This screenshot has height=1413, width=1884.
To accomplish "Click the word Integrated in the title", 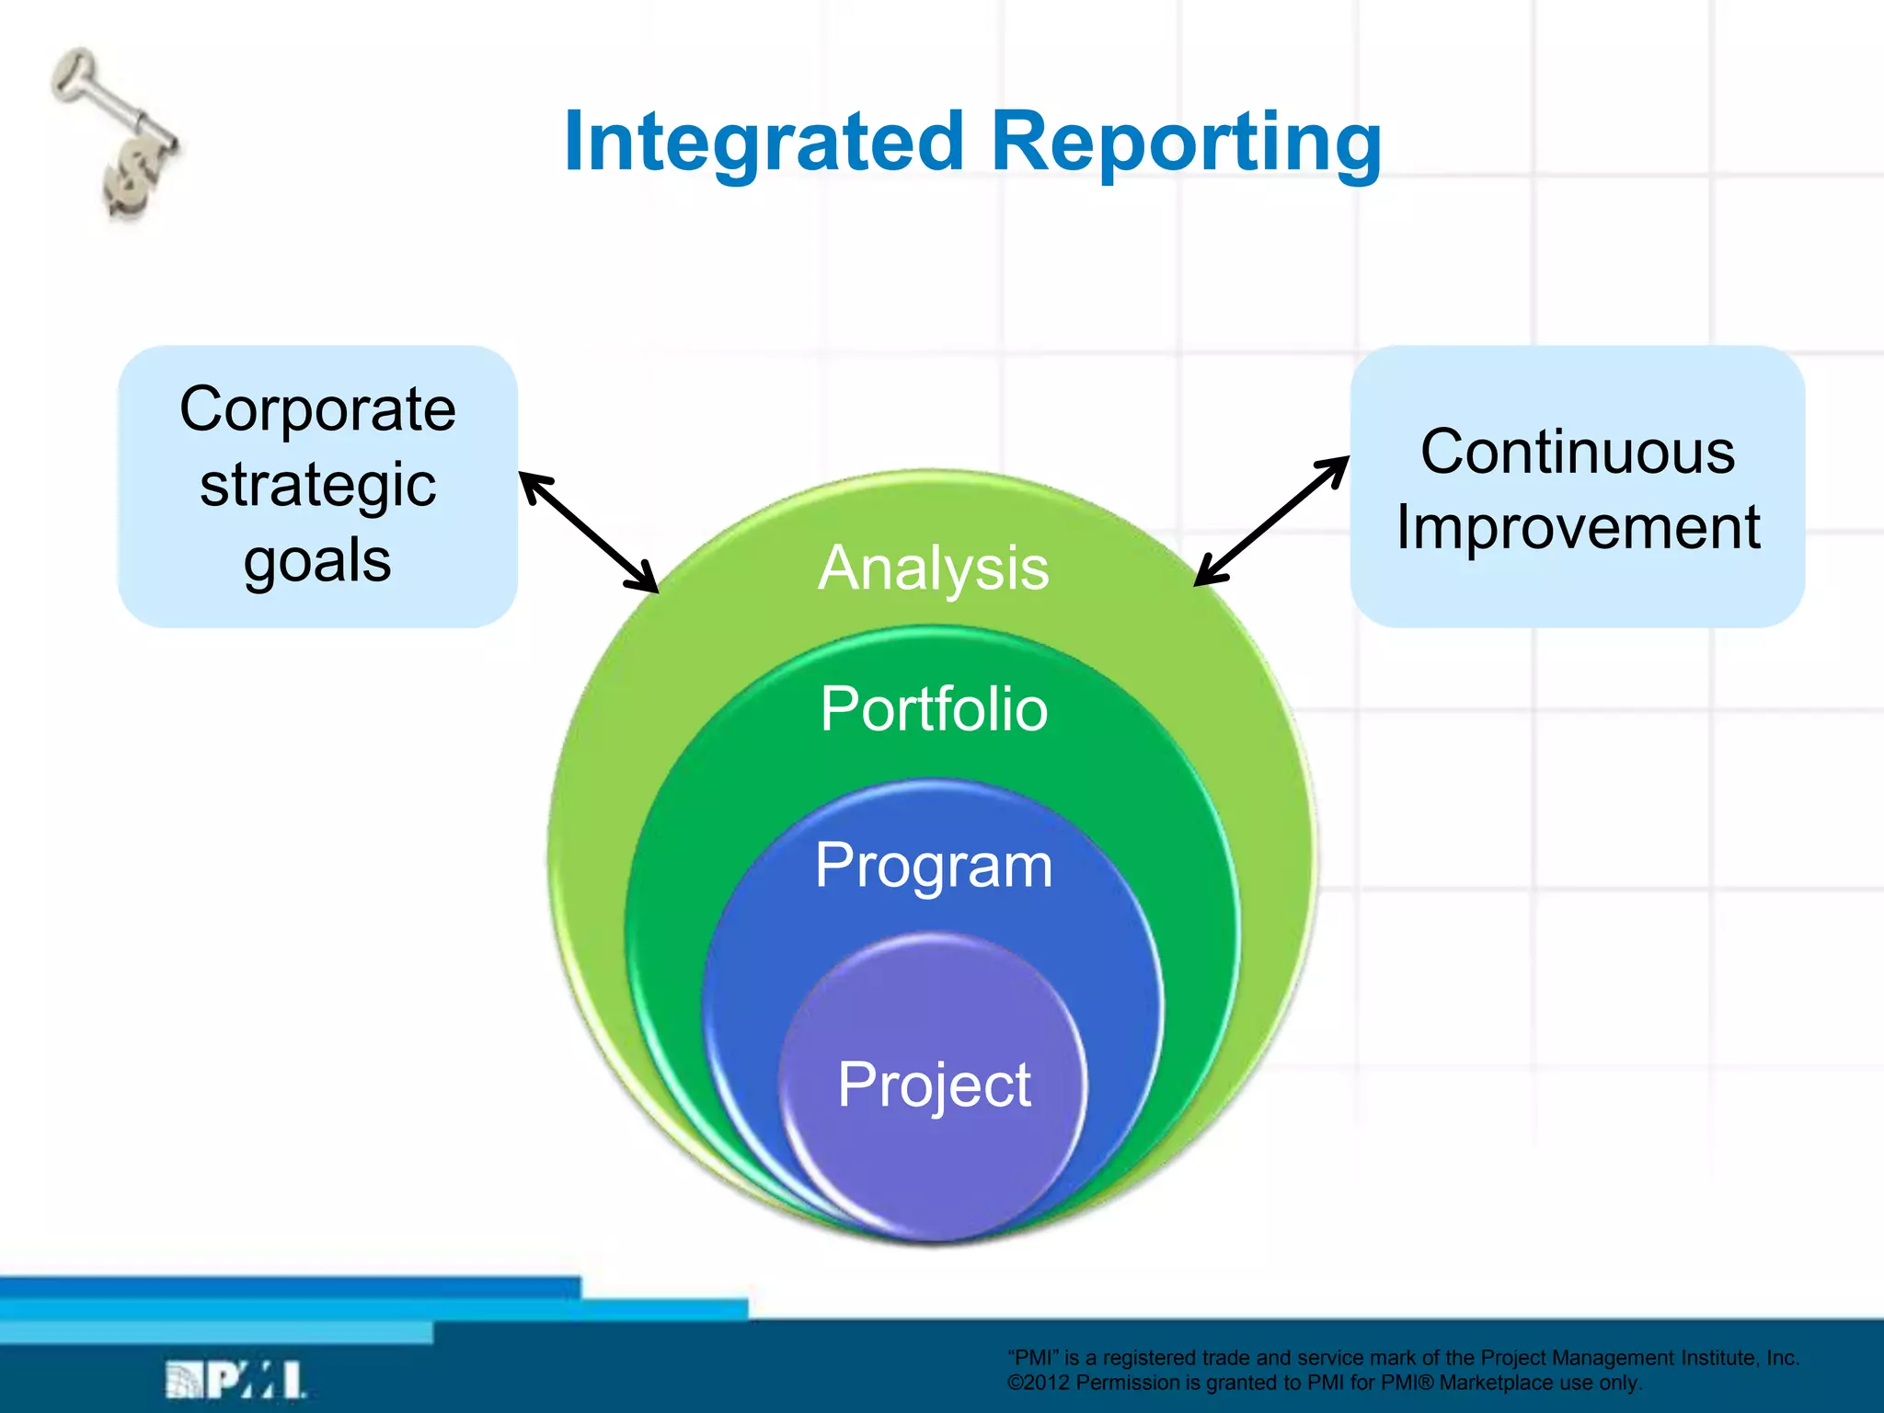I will pos(764,143).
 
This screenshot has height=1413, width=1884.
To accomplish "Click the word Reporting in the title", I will pos(1187,143).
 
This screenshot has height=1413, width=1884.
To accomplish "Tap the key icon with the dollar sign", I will pos(118,133).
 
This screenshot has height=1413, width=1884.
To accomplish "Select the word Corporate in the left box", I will pos(317,408).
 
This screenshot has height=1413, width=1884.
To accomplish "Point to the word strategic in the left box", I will pos(317,485).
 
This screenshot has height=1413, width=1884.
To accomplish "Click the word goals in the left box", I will pos(317,560).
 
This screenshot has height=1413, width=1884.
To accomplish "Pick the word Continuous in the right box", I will pos(1577,452).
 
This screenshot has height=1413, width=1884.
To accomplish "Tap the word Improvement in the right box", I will pos(1577,528).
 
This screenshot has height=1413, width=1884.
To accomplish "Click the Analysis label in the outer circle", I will pos(933,568).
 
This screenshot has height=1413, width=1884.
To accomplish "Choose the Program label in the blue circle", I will pos(933,866).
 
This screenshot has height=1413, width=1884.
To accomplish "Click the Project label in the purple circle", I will pos(933,1085).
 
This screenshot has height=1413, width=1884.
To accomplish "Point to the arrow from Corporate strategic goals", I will pos(589,532).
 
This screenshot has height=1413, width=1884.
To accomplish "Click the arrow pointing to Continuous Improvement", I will pos(1271,521).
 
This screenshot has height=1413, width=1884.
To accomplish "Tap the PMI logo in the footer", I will pos(235,1380).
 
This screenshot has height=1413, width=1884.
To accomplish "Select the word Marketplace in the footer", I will pos(1495,1383).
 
